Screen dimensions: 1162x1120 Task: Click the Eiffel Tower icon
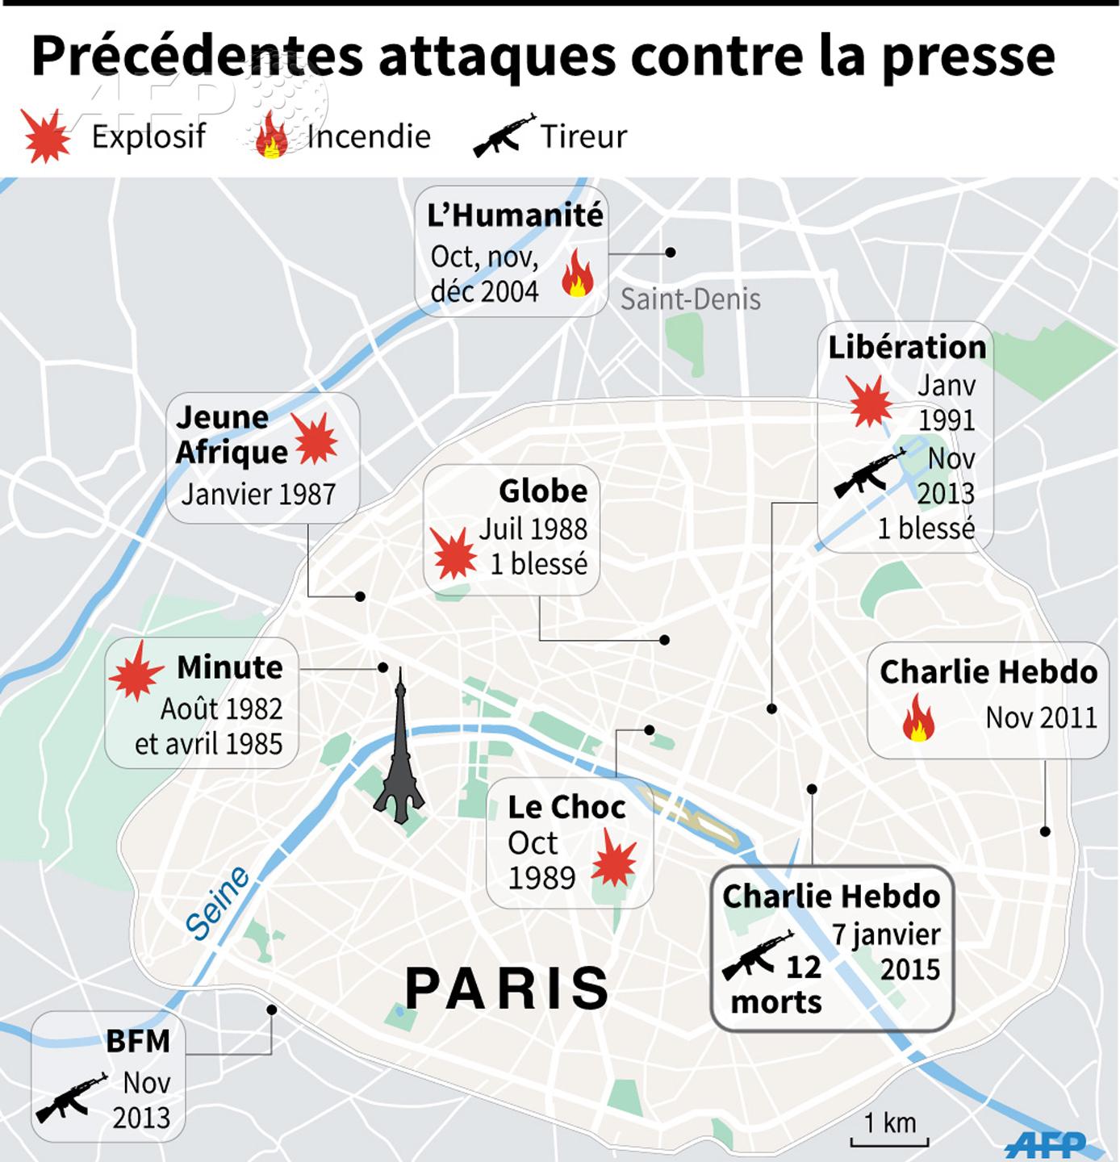click(399, 750)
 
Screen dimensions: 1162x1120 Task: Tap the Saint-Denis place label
click(690, 299)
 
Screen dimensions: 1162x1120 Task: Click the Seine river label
click(217, 904)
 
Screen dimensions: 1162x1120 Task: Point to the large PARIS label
click(508, 989)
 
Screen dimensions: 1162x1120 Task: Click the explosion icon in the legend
click(46, 136)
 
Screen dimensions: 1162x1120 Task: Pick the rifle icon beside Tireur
click(504, 135)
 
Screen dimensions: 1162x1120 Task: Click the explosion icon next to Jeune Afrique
click(315, 438)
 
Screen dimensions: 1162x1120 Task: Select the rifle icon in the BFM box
click(71, 1097)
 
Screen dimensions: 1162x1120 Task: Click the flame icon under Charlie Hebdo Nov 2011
click(918, 718)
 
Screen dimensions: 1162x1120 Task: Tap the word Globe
click(543, 491)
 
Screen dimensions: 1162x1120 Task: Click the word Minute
click(230, 667)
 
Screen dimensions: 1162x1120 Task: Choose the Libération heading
click(907, 347)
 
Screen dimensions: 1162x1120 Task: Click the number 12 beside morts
click(803, 967)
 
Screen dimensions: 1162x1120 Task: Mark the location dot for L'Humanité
click(671, 253)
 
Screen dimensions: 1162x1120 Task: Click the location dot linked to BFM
click(272, 1009)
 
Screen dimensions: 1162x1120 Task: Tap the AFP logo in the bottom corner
click(1047, 1143)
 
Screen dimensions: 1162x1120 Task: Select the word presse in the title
click(968, 56)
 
